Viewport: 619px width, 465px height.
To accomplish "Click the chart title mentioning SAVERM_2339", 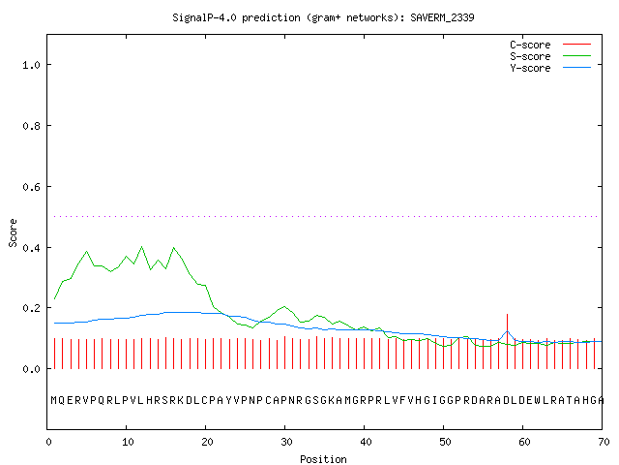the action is click(x=323, y=17).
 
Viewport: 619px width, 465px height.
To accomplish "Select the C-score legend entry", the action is click(x=550, y=45).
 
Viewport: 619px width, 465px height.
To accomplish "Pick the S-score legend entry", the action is click(x=550, y=56).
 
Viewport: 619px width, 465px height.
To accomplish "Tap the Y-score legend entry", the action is click(x=550, y=68).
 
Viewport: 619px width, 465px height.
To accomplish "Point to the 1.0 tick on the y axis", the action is click(x=32, y=65).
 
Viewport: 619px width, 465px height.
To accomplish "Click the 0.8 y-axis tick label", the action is click(x=32, y=126).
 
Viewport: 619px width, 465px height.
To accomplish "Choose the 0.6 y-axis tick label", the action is click(x=32, y=187).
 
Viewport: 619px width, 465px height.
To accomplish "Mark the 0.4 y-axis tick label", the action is click(x=32, y=248).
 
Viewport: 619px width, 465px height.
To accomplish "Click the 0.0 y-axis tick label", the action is click(x=32, y=369).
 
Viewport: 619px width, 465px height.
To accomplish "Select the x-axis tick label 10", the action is click(x=128, y=442).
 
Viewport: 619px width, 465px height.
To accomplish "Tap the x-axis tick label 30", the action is click(x=286, y=442).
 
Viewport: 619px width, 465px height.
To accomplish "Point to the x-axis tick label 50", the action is click(x=445, y=442).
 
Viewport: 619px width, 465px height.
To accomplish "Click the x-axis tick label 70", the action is click(x=604, y=442).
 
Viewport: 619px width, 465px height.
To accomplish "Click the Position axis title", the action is click(x=323, y=459).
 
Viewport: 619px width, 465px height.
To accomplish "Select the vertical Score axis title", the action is click(x=13, y=232).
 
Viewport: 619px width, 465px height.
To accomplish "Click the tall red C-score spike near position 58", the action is click(x=507, y=341).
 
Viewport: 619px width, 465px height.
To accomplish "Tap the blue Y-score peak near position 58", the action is click(x=507, y=331).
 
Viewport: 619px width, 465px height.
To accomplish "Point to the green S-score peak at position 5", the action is click(x=86, y=252).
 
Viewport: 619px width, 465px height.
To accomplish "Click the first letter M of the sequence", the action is click(x=54, y=400).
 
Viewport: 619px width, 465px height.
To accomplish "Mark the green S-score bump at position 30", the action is click(x=284, y=307).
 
